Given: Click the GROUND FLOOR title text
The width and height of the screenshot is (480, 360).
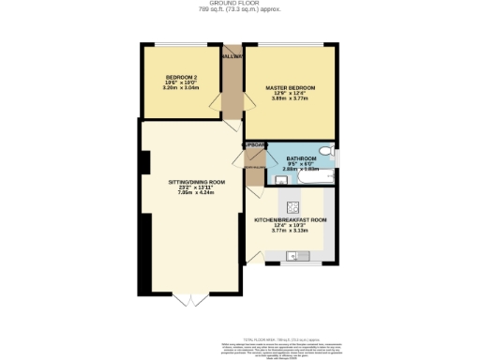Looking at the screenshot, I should click(239, 4).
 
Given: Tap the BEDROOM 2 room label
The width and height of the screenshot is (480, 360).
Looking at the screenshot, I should click(181, 77).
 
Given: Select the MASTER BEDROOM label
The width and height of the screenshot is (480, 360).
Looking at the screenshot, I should click(290, 88).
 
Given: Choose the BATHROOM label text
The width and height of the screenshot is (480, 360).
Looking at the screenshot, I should click(302, 158).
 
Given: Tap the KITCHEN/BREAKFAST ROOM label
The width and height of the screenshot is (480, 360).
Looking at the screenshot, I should click(291, 219).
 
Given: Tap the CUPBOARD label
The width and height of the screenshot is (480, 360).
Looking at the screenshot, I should click(254, 146).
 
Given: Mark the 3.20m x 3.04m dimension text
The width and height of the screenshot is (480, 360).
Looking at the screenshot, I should click(181, 88).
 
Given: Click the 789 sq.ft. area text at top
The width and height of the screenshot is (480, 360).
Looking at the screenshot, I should click(239, 9).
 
